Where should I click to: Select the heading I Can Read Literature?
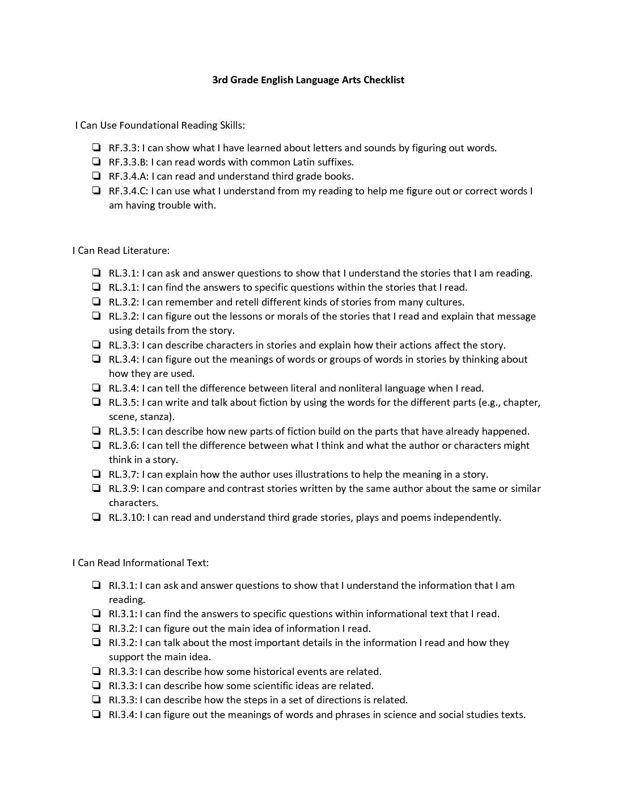(x=121, y=251)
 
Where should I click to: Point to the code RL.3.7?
(x=123, y=474)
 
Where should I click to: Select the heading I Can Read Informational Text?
(x=141, y=563)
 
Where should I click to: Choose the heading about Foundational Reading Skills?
(x=160, y=125)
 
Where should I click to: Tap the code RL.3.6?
(x=123, y=445)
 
